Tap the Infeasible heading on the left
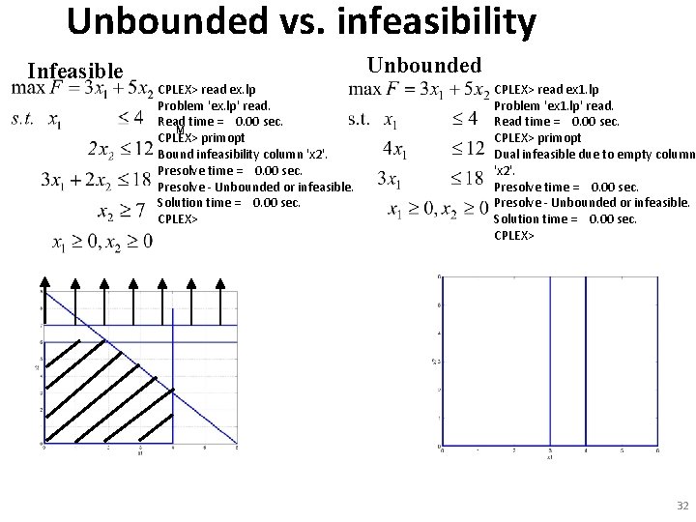pos(75,71)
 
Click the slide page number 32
pos(682,505)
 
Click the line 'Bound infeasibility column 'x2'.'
pos(243,154)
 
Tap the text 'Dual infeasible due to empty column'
pos(594,154)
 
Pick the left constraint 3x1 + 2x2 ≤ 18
pos(96,179)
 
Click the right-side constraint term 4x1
pos(394,149)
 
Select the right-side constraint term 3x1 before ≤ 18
pos(390,179)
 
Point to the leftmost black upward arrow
pos(44,284)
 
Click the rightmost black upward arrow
pos(222,284)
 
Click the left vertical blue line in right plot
pos(550,362)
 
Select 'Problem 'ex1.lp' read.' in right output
pos(554,105)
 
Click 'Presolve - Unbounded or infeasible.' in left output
pos(254,187)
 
